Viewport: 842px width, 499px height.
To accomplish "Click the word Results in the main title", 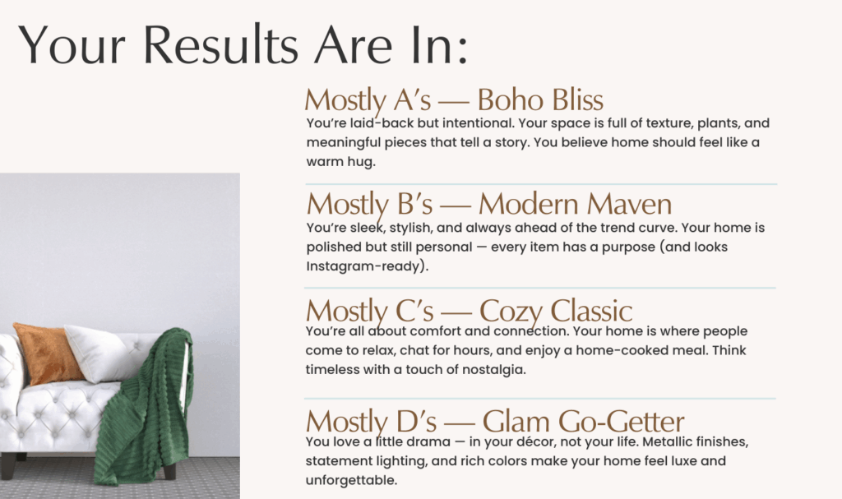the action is pos(220,45).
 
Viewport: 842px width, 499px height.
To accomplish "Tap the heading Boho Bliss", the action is pos(540,99).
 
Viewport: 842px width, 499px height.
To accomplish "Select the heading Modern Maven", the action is pos(575,204).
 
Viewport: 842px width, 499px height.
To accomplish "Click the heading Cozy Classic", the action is pos(556,312).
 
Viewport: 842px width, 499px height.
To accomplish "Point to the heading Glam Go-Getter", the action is pos(583,421).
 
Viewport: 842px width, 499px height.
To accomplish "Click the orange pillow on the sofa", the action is pos(47,353).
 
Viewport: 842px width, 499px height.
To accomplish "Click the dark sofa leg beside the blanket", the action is pos(169,469).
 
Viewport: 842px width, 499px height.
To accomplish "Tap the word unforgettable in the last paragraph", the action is pos(350,480).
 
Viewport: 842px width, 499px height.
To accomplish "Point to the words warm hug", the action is pos(340,162).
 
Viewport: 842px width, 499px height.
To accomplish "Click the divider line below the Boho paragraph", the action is pos(541,183).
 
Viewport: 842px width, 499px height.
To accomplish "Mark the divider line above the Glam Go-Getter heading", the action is pos(540,399).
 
